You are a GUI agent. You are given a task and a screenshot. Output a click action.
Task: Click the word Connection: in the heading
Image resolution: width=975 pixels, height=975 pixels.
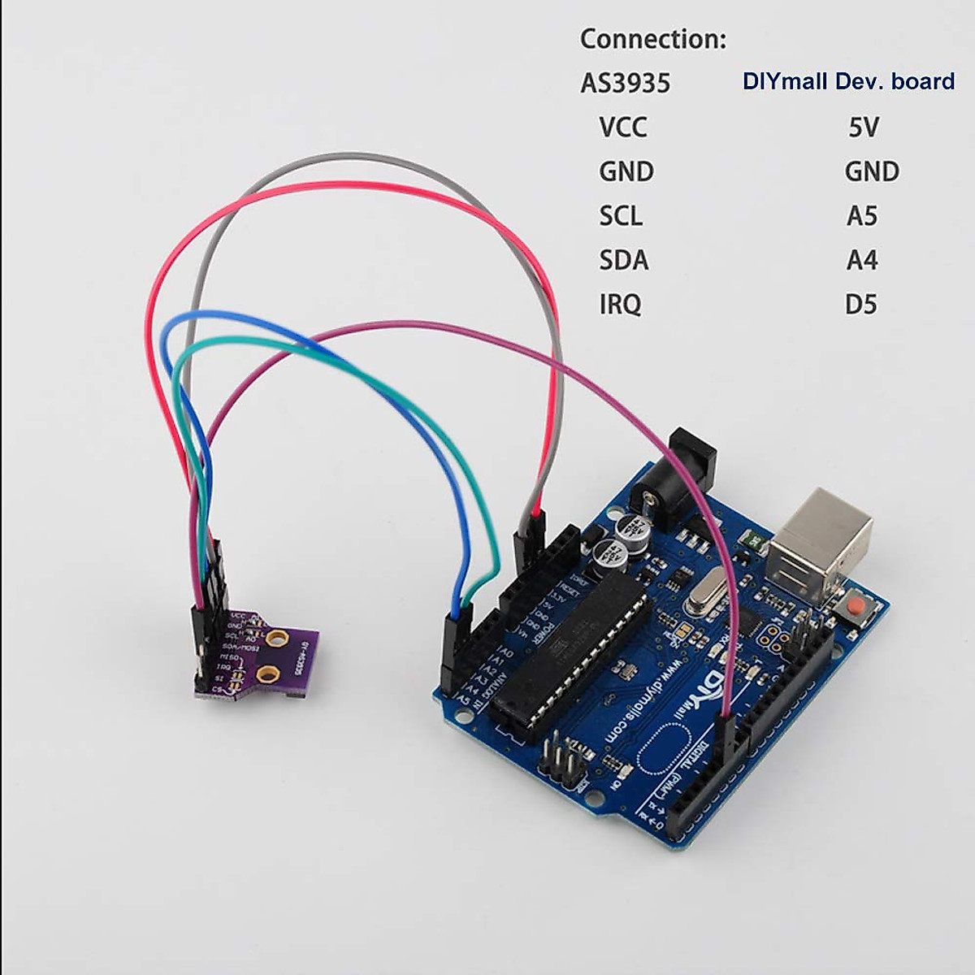653,39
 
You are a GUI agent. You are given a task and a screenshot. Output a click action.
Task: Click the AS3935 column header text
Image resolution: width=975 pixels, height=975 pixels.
625,83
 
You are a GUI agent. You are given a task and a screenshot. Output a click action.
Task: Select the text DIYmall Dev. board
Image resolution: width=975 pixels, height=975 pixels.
848,81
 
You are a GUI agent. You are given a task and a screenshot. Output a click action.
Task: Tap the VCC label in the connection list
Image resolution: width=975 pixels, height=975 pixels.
623,128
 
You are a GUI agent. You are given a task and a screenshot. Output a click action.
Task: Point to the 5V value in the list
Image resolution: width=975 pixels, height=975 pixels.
863,128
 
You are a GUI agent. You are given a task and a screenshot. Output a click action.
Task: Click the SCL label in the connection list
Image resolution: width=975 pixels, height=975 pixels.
621,216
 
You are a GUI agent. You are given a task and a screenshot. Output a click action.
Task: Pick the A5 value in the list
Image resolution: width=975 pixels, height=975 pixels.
862,216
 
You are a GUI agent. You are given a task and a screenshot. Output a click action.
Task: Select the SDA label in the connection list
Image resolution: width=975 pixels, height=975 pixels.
623,261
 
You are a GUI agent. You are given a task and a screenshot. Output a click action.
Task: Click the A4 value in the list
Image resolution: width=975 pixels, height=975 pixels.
862,261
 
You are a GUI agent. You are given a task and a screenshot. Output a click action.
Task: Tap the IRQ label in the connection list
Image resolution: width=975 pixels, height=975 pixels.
620,305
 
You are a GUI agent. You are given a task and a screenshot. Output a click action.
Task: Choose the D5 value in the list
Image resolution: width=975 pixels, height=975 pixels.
860,305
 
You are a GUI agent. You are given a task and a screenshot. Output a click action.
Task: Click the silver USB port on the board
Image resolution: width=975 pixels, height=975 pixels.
821,540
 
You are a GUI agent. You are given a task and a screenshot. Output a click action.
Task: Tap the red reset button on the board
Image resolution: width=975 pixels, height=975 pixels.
854,607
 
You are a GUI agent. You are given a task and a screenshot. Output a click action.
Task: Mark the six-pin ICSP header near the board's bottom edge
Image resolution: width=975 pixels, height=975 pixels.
563,760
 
